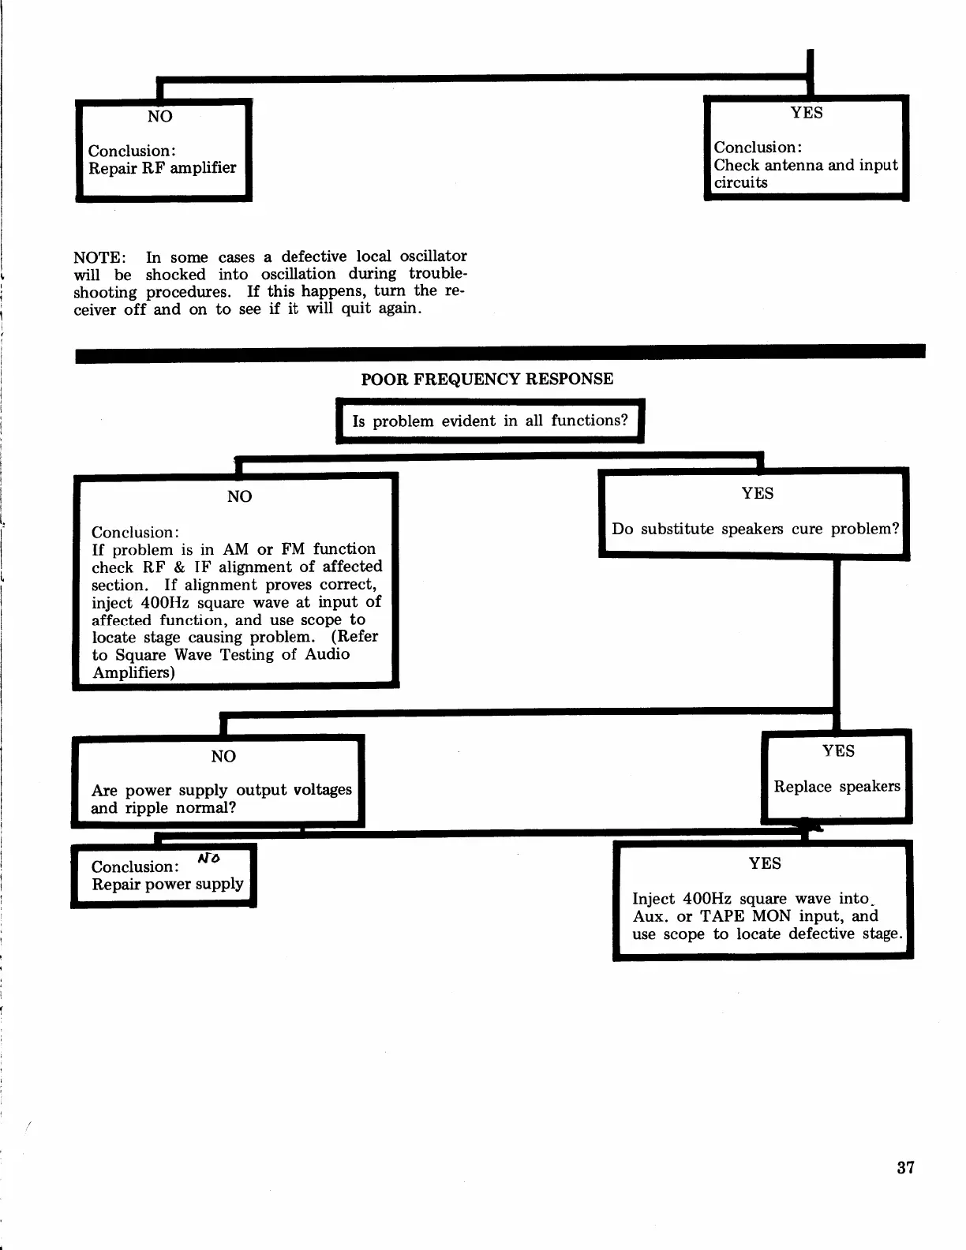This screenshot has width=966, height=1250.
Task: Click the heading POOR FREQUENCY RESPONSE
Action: click(x=487, y=379)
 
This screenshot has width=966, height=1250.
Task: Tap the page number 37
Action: click(x=905, y=1167)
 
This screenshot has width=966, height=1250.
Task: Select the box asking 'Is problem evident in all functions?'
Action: click(x=490, y=421)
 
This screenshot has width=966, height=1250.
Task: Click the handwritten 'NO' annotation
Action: click(x=209, y=858)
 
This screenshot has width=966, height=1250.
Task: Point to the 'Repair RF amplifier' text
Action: click(x=162, y=167)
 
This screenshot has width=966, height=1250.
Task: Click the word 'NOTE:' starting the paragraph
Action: click(x=99, y=257)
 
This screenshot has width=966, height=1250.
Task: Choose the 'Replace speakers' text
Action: click(x=837, y=786)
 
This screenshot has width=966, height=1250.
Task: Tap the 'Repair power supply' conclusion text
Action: click(x=167, y=884)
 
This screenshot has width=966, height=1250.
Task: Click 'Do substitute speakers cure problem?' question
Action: click(x=755, y=529)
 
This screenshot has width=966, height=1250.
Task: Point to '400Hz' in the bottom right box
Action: click(x=708, y=898)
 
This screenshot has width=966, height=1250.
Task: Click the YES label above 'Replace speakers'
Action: click(x=838, y=750)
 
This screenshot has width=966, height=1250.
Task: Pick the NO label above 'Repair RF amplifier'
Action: click(x=159, y=116)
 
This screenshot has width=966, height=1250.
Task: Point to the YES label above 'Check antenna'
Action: click(x=807, y=112)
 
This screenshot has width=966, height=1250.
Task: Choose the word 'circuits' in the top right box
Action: click(x=740, y=182)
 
